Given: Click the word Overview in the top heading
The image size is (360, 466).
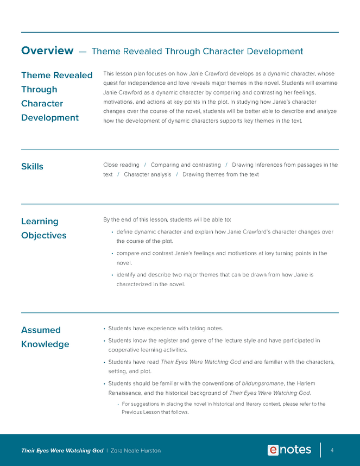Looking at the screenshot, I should coord(47,51).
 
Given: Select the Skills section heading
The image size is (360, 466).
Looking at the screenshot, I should coord(32,166).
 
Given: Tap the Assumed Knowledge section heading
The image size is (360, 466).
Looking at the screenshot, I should coord(45,337).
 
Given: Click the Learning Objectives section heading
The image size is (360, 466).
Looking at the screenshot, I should coord(43,228).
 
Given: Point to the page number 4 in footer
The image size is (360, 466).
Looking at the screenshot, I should coord(332,450).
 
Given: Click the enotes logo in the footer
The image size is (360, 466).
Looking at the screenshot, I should coord(289,450).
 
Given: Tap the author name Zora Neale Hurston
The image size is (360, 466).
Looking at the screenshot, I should coord(136,451).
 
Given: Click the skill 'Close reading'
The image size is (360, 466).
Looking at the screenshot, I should coord(121,165).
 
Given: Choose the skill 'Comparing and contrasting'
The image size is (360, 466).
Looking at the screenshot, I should coord(186,165).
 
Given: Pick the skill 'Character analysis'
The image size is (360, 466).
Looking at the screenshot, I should coord(147,174).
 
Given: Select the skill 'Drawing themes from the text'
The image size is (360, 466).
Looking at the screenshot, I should coord(220,174).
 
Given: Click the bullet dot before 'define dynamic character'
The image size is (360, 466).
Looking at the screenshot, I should coord(111,232).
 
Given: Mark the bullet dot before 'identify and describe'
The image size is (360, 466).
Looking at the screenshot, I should coord(111,275).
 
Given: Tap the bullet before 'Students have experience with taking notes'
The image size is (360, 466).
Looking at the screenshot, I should coord(104,329).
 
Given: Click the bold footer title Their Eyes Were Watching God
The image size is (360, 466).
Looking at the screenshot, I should coord(62,451).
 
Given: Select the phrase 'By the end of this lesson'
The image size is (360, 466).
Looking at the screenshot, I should coord(135,219).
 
